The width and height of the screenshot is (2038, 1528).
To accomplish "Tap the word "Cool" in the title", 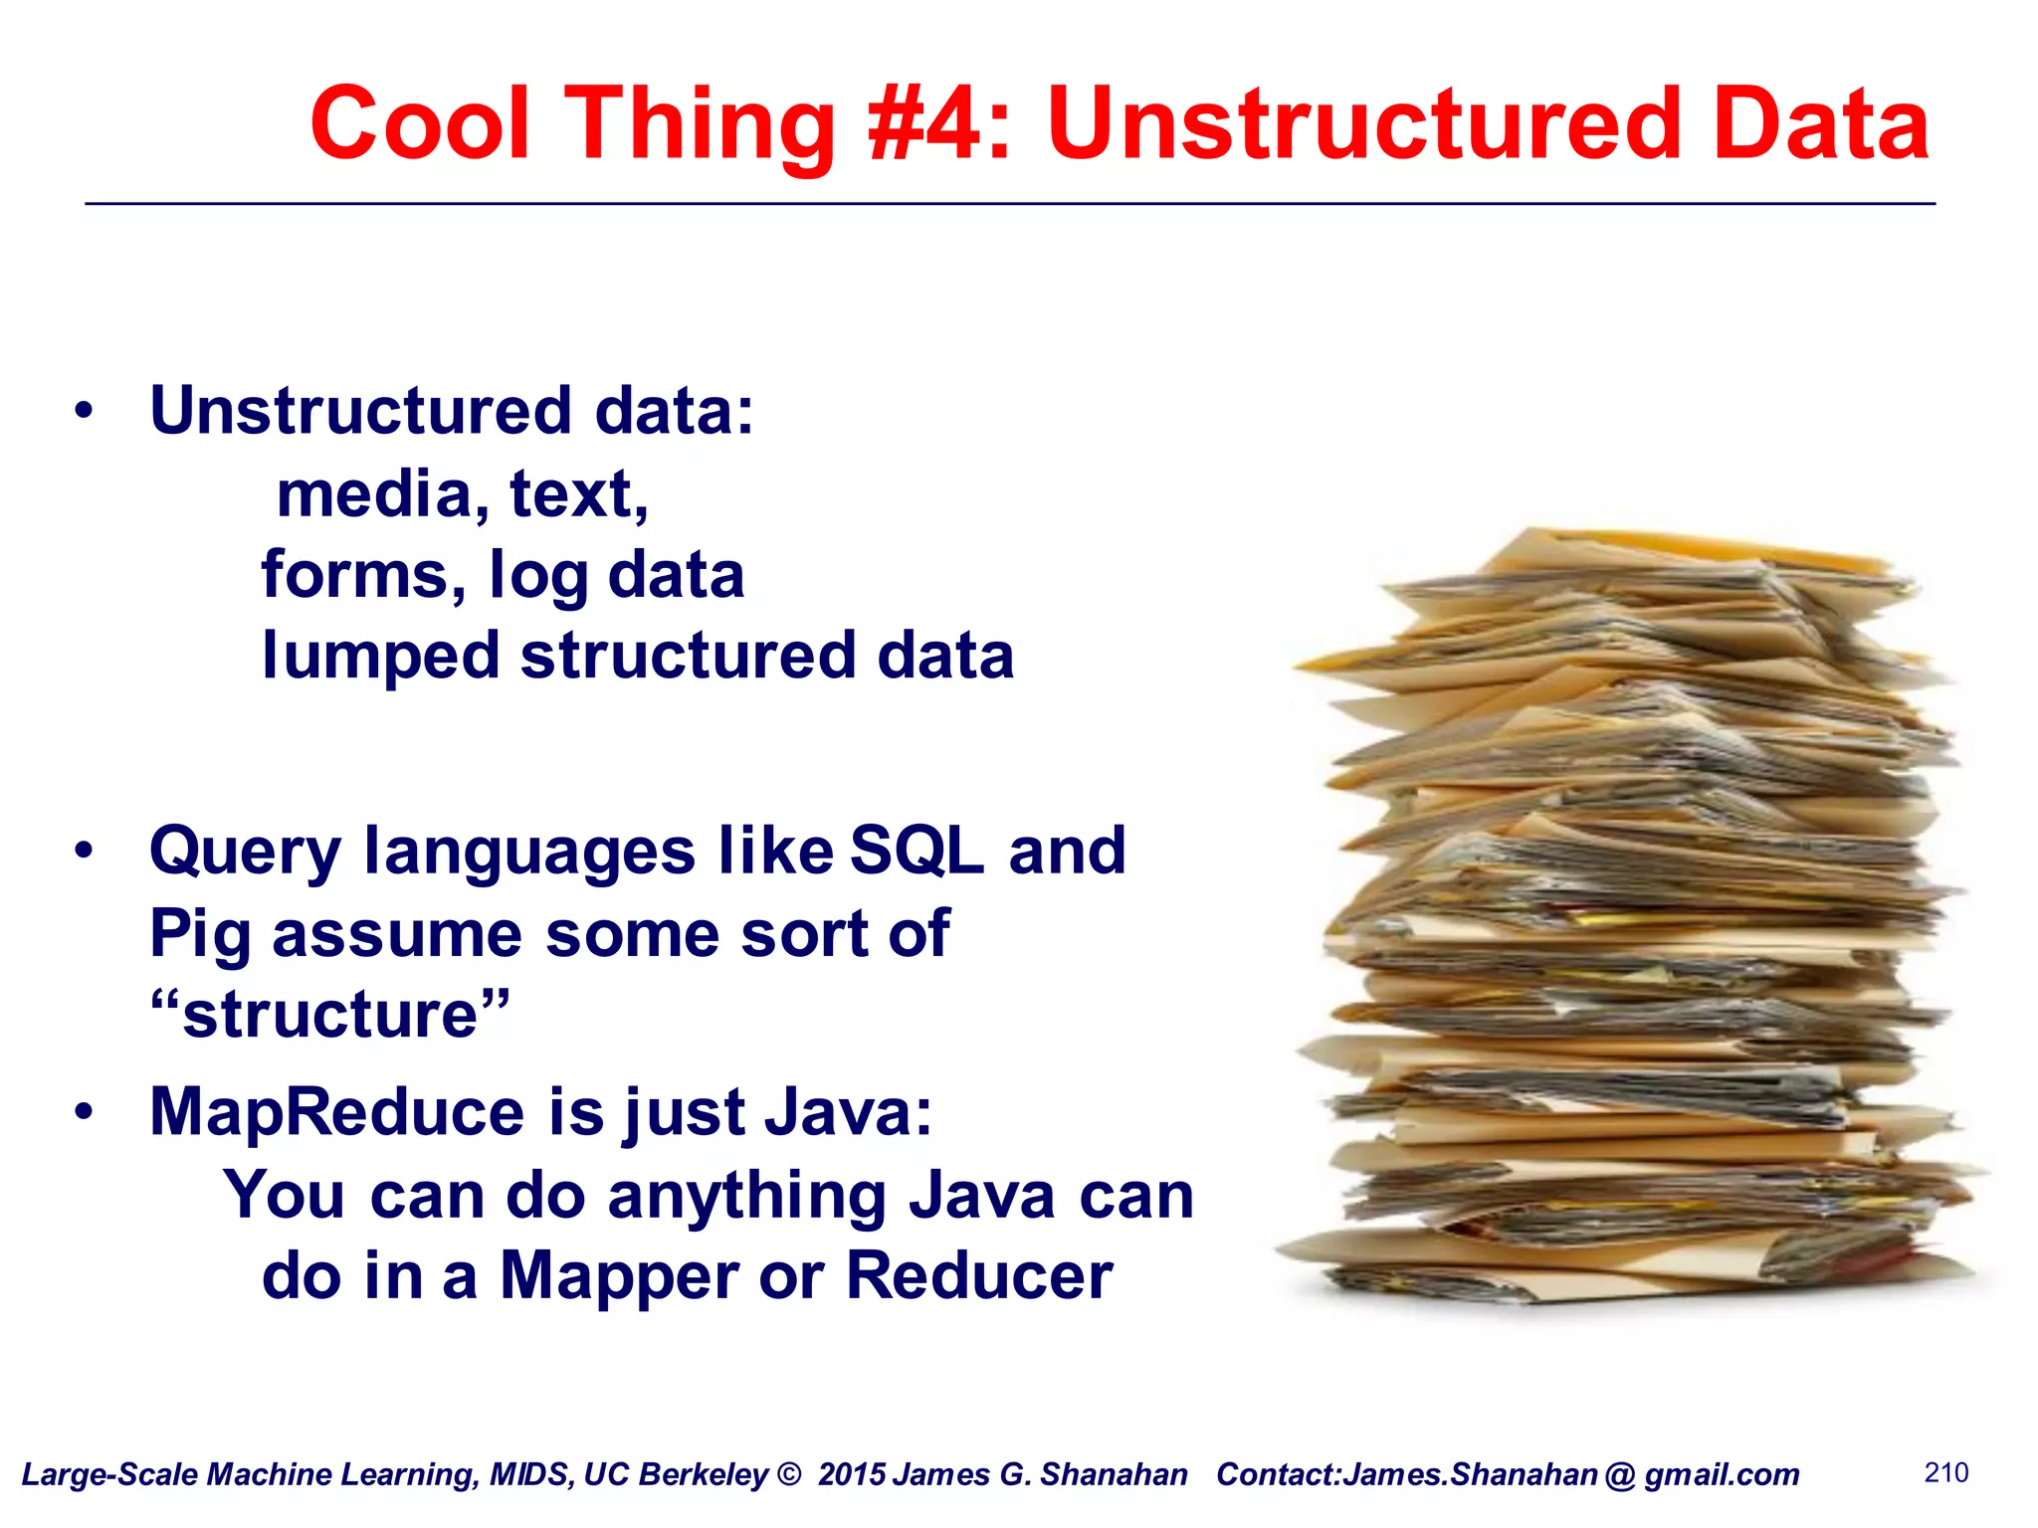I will [419, 123].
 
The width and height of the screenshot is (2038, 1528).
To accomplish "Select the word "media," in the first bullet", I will [382, 494].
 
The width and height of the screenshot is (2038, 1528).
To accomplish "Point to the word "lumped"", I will [379, 658].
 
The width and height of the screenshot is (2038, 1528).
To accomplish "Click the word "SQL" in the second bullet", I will [917, 852].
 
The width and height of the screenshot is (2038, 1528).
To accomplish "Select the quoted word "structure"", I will [329, 1015].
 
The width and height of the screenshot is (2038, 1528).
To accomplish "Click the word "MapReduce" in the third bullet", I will [336, 1111].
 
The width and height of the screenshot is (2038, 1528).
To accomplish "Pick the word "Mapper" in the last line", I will [618, 1277].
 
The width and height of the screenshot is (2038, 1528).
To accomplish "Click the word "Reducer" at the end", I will [979, 1275].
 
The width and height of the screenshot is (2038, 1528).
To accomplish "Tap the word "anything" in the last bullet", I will [746, 1196].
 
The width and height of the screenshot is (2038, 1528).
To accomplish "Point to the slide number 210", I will [1946, 1472].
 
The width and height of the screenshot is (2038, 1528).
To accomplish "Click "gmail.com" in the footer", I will [1722, 1474].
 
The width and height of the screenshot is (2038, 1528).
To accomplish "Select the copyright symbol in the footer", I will [788, 1474].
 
